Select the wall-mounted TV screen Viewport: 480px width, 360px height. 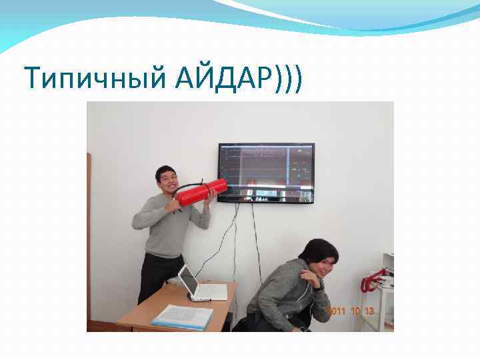point(266,172)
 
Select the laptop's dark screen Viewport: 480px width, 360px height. point(189,282)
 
